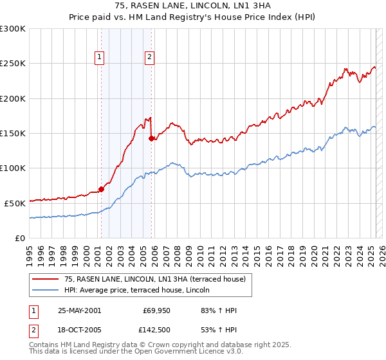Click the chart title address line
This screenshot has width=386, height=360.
pyautogui.click(x=192, y=5)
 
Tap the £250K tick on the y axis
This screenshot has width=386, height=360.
pyautogui.click(x=13, y=64)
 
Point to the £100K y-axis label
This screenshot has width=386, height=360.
pyautogui.click(x=13, y=168)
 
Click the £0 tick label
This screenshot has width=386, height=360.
pyautogui.click(x=21, y=238)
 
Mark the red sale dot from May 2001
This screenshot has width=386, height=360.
pyautogui.click(x=101, y=189)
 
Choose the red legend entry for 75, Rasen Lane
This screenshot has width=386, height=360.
pyautogui.click(x=154, y=279)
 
